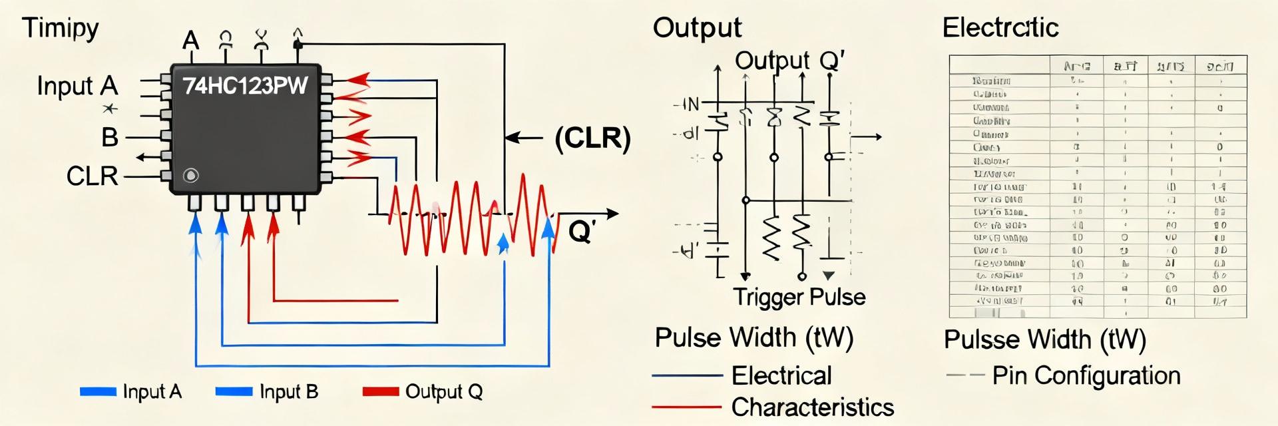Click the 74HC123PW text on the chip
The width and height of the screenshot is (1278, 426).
(245, 86)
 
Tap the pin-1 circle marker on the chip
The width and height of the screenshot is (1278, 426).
(191, 176)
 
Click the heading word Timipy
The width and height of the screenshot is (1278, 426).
(61, 29)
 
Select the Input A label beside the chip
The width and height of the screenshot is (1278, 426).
(77, 86)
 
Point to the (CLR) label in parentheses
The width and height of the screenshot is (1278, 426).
(592, 138)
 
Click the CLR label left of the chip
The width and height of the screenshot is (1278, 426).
(92, 176)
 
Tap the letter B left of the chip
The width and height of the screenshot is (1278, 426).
(110, 138)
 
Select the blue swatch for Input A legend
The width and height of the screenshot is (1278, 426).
(98, 391)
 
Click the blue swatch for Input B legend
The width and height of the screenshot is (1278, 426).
(234, 391)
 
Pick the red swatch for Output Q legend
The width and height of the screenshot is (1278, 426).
(381, 391)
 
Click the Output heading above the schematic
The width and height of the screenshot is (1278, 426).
(697, 28)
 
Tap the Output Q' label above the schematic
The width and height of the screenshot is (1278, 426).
(789, 61)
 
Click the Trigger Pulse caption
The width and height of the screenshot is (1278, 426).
(799, 297)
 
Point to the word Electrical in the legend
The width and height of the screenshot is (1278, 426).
(781, 375)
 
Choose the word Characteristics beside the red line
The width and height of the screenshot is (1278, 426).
(812, 407)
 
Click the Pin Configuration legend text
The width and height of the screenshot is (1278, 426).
(1086, 375)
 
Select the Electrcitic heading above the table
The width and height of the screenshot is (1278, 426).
(1000, 28)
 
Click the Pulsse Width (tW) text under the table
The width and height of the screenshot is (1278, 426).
(1044, 339)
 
